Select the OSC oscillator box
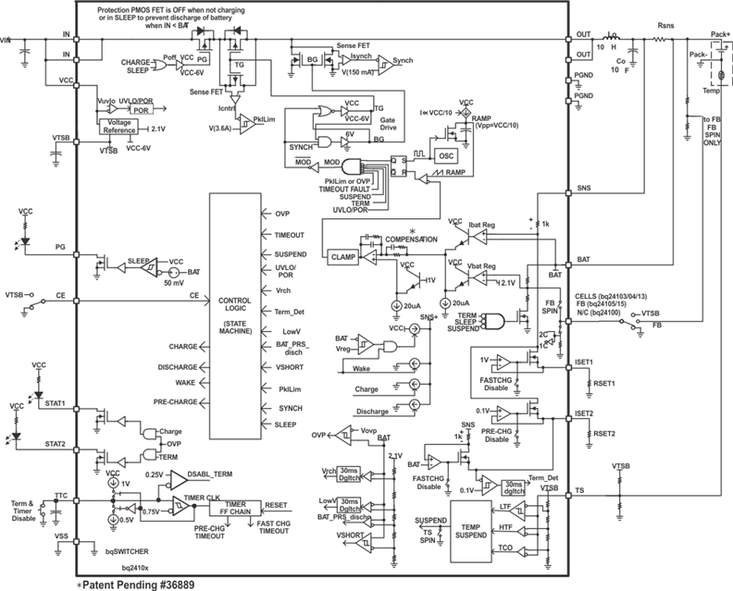(448, 156)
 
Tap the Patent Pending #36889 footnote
(136, 584)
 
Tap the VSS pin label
(61, 535)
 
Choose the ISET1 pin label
(584, 363)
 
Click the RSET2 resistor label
(604, 433)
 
